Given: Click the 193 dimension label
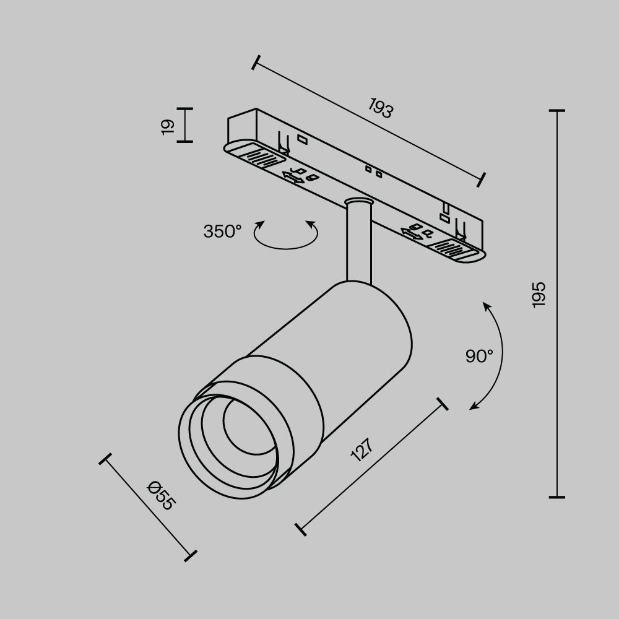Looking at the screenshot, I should [381, 108].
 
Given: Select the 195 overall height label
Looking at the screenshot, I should [539, 295].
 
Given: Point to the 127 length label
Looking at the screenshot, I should [362, 450].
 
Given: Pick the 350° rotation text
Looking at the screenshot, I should [222, 232].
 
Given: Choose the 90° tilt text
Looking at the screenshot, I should [479, 356].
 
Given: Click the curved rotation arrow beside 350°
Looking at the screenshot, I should [285, 238].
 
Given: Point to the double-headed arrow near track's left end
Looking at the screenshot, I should [292, 178].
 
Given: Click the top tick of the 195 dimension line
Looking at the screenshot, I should [557, 111].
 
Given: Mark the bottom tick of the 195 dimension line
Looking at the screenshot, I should [557, 496].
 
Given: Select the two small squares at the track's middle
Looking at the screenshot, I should [373, 171].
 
